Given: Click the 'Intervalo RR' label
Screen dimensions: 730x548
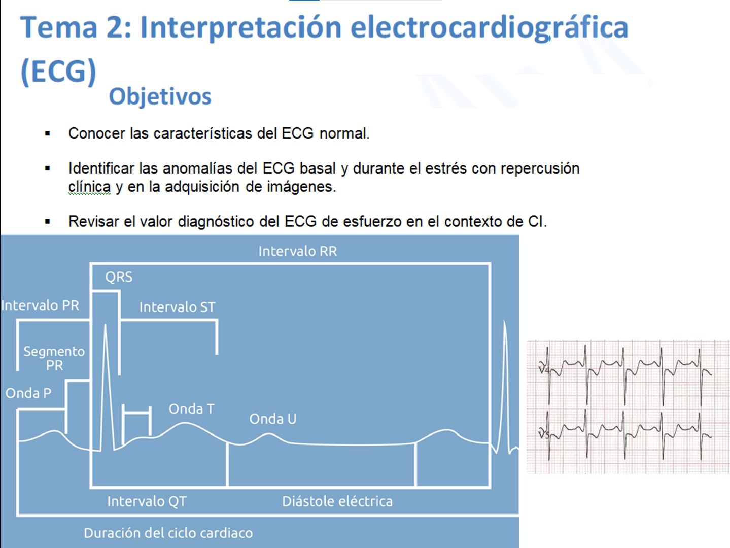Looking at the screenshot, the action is click(298, 251).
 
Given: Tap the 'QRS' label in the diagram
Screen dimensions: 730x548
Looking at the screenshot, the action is click(119, 277).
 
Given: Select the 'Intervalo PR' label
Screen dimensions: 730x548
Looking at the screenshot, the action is click(40, 305).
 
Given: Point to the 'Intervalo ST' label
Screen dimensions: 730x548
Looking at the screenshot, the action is click(177, 307).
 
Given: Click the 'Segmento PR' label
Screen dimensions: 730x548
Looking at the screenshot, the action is click(54, 358).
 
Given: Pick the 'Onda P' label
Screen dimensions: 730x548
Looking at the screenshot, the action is click(28, 393).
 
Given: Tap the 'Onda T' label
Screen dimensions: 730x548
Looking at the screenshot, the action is click(191, 408).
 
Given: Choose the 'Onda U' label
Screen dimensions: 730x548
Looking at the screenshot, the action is click(273, 419).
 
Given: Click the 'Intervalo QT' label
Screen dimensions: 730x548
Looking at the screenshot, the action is click(147, 501).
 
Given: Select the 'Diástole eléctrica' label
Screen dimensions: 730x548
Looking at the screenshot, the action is click(337, 501).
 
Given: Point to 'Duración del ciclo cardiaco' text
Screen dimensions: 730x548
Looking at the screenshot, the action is click(168, 533).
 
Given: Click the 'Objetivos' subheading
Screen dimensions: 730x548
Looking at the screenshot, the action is click(160, 96).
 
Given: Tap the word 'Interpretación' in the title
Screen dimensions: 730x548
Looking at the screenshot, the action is click(241, 27).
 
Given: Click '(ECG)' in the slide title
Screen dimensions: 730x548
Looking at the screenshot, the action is click(58, 71).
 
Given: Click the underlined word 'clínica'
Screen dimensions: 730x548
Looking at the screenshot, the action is click(89, 187).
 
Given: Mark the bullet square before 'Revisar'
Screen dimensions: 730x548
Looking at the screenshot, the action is click(48, 221).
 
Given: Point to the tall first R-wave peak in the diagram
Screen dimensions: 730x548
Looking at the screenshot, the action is click(106, 325).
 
